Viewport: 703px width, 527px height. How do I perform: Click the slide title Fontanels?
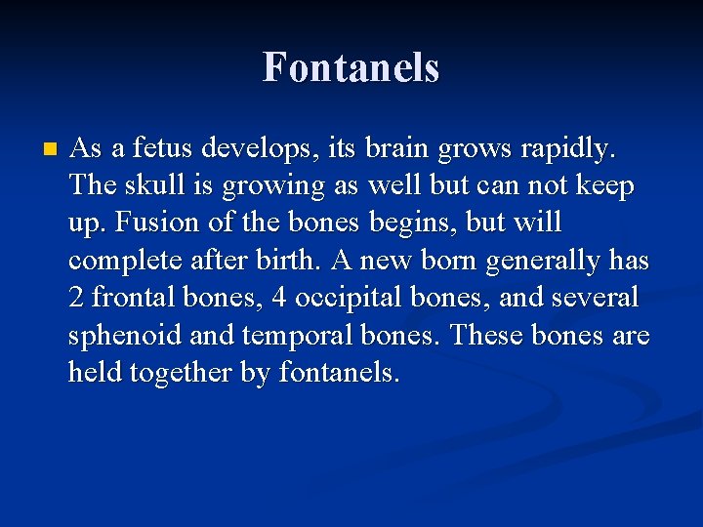pos(351,67)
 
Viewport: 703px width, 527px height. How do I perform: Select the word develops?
pos(252,149)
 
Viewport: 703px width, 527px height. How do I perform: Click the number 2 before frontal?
pos(76,297)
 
